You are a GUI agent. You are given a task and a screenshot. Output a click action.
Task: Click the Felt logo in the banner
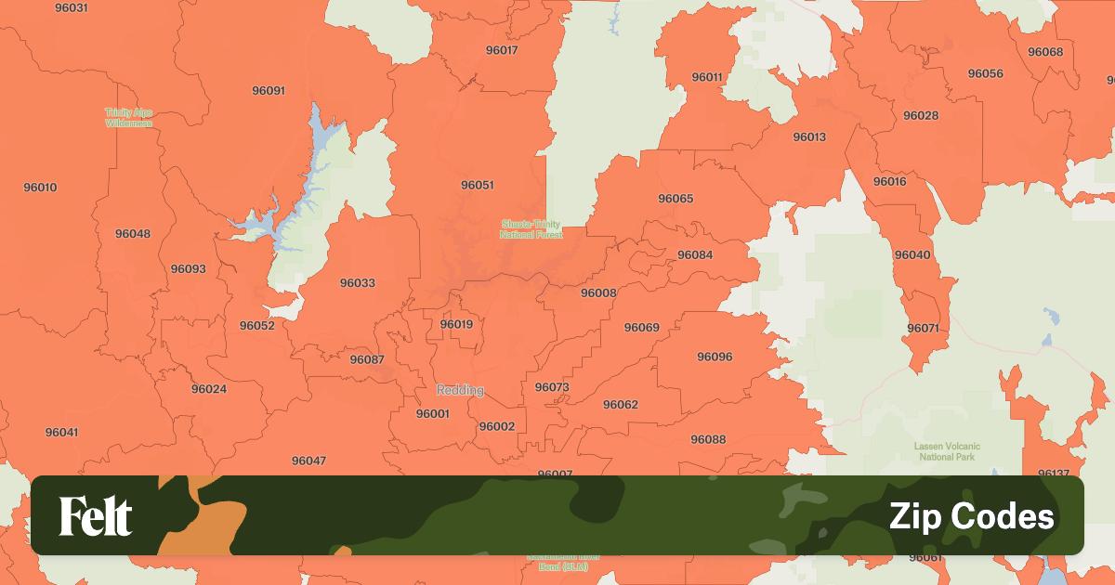point(96,516)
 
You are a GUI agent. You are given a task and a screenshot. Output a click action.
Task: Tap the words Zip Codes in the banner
point(971,516)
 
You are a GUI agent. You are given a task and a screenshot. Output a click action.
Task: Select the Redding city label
point(460,390)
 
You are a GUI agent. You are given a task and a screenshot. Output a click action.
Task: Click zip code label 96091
point(269,91)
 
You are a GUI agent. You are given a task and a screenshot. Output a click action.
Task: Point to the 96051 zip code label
point(477,185)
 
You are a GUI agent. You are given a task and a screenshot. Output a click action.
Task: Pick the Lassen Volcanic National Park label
point(947,451)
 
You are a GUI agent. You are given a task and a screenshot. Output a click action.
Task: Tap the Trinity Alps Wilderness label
point(128,117)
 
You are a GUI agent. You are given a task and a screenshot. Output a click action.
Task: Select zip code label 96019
point(456,324)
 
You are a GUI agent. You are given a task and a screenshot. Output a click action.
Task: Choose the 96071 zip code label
point(923,328)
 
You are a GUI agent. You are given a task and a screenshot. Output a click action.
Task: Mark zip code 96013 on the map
point(809,137)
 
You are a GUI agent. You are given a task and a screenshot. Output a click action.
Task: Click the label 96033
point(358,283)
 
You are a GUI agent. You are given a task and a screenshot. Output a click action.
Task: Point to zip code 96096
point(715,357)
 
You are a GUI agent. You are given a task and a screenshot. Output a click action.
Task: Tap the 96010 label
point(40,188)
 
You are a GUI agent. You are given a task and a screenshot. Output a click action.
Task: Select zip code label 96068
point(1045,52)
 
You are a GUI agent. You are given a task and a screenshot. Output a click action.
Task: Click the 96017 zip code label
point(502,50)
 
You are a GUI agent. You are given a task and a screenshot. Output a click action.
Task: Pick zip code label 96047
point(308,461)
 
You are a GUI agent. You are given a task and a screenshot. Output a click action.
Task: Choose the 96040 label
point(912,254)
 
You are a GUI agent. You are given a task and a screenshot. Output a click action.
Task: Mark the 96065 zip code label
point(676,199)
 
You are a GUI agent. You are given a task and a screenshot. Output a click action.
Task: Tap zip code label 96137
point(1054,474)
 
